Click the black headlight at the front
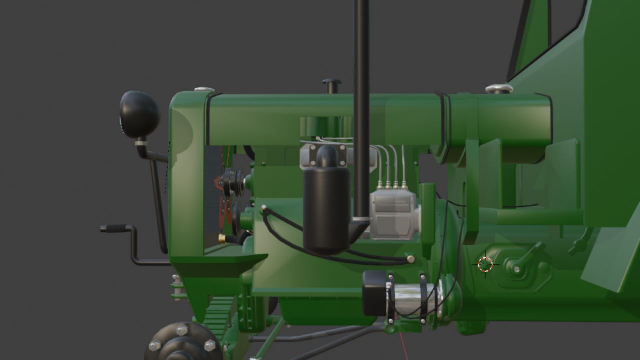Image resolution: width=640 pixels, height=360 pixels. point(140,114)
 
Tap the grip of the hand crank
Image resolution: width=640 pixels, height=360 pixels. point(114,228)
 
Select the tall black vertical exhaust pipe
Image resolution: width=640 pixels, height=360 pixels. point(361,100)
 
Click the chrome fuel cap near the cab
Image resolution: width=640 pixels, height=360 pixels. point(499,89)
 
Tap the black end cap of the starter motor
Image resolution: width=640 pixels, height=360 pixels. point(373,293)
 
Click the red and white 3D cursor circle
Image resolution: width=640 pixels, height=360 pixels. point(485,264)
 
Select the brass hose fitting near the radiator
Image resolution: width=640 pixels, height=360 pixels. point(222,239)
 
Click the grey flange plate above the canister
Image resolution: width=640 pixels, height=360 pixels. point(327,155)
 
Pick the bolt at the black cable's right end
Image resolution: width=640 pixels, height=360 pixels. point(411,258)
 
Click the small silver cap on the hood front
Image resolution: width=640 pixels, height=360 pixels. point(204,90)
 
